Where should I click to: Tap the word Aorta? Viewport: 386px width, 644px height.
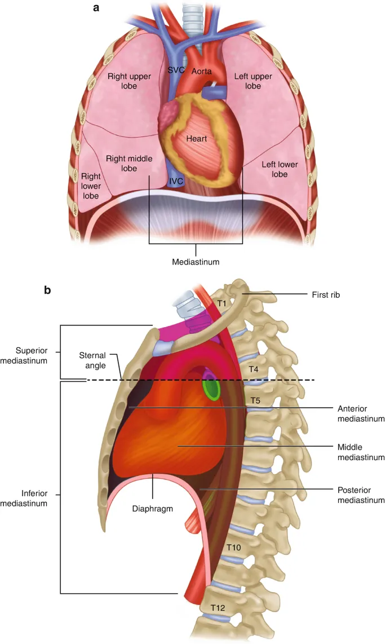201,72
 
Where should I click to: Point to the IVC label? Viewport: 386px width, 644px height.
176,182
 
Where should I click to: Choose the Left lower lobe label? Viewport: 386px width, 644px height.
280,169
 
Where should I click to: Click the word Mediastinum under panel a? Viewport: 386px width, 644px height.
196,262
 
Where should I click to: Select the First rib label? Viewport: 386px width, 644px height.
326,294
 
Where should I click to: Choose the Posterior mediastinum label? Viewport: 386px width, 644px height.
361,495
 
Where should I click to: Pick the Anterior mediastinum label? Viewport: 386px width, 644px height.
361,413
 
